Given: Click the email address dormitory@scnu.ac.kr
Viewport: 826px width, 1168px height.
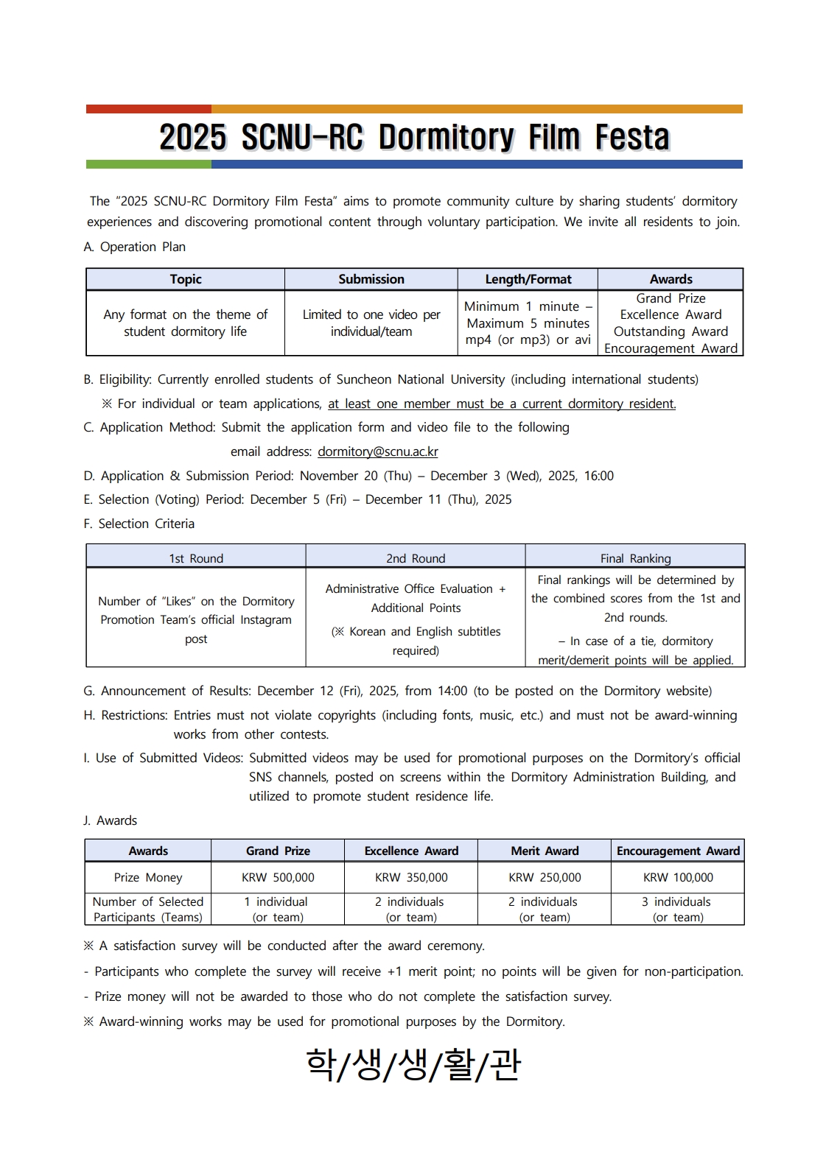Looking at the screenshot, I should point(377,451).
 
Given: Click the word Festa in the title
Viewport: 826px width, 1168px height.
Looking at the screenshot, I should point(632,138).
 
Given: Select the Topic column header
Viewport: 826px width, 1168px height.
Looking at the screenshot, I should point(185,279).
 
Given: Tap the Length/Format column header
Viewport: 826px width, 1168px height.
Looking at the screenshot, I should point(528,279).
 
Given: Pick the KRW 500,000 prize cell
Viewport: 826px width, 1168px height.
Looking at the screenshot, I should point(278,877).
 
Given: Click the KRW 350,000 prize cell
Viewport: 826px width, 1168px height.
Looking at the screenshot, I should point(411,877).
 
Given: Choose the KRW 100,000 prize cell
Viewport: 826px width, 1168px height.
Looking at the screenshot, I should point(678,877).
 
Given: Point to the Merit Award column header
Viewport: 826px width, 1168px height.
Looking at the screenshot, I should point(545,851).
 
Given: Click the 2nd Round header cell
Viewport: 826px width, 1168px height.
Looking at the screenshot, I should point(416,558).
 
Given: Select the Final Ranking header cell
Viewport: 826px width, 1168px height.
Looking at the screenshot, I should point(635,558).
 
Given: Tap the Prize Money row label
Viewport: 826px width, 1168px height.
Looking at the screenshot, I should point(148,877).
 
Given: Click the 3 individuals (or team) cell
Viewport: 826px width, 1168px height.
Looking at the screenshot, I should point(678,909).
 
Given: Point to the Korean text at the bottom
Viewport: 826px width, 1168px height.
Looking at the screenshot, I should point(413,1065).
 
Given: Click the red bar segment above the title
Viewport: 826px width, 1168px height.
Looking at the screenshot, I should point(148,109).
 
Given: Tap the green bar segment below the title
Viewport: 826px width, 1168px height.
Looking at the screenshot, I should point(148,164).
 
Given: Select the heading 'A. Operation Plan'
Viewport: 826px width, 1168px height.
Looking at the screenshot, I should point(135,247).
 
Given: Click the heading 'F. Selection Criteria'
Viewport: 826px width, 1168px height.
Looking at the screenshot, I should point(139,524).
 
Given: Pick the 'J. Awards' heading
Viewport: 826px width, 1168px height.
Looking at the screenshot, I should point(111,820).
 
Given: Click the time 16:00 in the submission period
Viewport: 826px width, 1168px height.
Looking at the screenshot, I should point(598,476).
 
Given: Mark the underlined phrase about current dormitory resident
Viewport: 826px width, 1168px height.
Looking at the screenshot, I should point(502,404).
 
